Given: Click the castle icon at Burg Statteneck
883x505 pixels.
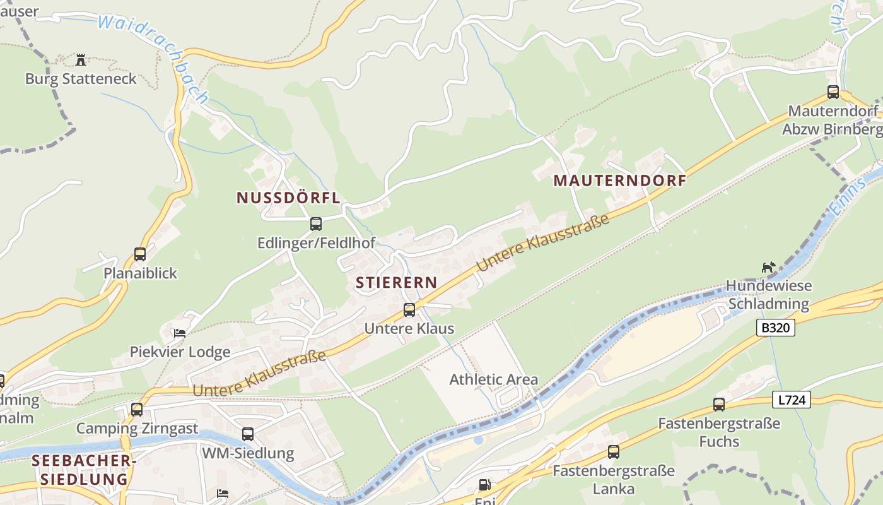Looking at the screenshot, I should tap(81, 60).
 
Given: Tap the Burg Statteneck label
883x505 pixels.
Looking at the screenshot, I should tap(81, 79).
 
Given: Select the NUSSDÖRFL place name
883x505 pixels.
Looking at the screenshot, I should tap(288, 198).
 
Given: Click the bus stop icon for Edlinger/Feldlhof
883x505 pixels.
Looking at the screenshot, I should tap(316, 224).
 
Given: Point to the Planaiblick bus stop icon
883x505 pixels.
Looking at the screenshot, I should tap(140, 254).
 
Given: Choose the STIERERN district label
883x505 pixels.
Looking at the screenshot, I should tap(396, 282).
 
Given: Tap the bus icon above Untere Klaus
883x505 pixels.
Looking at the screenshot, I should tap(409, 310).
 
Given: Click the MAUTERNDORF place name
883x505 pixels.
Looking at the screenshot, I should tap(619, 181).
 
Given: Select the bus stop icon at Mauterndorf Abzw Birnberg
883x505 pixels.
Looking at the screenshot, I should tap(833, 92).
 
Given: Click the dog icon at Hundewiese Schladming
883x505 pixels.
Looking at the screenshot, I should tap(768, 268).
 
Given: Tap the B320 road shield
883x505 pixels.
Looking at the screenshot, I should tap(775, 328).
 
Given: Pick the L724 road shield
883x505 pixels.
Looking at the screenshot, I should tap(791, 399).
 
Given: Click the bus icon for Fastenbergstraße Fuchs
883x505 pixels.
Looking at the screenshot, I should tap(719, 405).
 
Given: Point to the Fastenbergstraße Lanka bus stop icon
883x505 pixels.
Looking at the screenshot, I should tap(614, 452).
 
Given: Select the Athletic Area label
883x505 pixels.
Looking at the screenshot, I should tap(493, 379).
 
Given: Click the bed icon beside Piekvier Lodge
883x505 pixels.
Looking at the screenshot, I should tap(180, 333).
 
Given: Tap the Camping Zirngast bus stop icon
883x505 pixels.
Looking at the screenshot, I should tap(137, 410).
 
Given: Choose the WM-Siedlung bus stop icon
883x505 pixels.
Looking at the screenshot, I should tap(248, 434).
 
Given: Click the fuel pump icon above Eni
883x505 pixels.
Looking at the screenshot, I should tap(484, 485).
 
